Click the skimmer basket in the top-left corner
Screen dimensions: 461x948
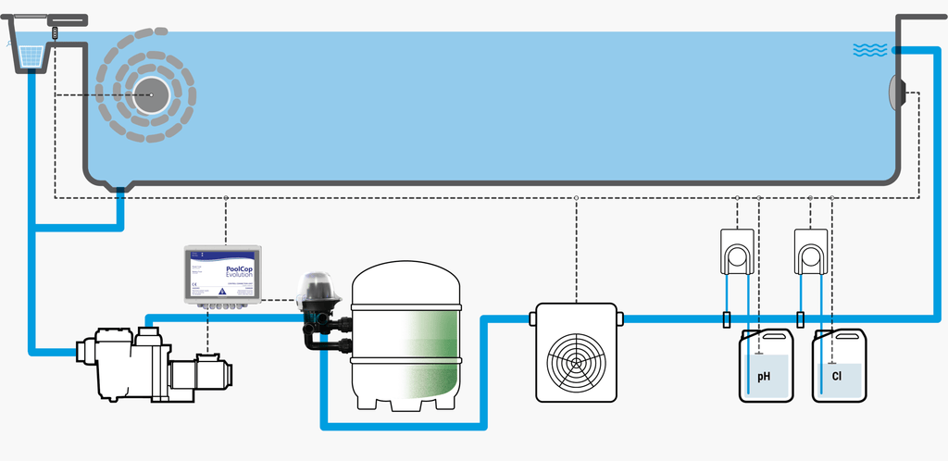click(x=31, y=56)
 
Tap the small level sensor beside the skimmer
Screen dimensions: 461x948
click(x=56, y=31)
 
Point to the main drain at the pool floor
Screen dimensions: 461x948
click(x=119, y=188)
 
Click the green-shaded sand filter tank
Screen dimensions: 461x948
click(x=407, y=338)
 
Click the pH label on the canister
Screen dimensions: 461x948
click(x=764, y=377)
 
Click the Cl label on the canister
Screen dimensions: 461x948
click(x=837, y=377)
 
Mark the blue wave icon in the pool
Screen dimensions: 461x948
click(x=869, y=50)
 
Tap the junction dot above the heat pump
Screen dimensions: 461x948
click(x=576, y=198)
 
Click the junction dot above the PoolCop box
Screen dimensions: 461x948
click(x=226, y=198)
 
